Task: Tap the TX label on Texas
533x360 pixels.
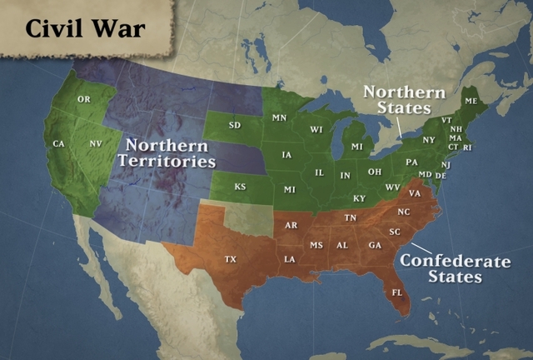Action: click(231, 260)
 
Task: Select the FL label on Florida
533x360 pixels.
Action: click(397, 293)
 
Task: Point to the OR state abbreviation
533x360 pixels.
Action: click(83, 99)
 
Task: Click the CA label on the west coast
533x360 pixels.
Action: click(58, 144)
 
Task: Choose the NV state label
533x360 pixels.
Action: click(95, 144)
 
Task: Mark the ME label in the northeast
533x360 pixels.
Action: click(471, 100)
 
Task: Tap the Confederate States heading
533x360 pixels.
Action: click(455, 268)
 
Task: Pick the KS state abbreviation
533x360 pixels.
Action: click(240, 187)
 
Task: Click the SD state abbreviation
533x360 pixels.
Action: click(235, 126)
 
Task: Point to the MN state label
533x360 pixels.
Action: click(279, 118)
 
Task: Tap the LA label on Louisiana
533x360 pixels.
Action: click(290, 259)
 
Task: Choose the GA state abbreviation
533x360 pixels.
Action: click(375, 245)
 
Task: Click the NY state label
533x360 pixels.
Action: click(429, 139)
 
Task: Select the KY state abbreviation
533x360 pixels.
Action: click(359, 198)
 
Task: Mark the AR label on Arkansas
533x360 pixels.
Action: click(291, 225)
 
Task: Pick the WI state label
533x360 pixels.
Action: click(316, 130)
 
